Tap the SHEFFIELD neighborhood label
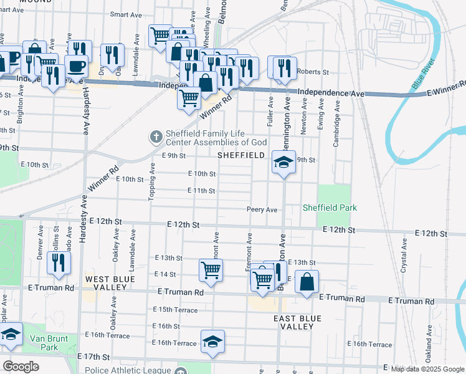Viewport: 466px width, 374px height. [242, 155]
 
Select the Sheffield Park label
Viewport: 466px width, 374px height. [330, 208]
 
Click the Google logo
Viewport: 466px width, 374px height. [21, 367]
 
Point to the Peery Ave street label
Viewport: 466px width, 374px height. [262, 210]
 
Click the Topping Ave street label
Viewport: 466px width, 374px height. [151, 181]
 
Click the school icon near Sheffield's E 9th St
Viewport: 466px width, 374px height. [283, 163]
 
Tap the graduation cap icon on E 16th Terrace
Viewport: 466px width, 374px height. [212, 342]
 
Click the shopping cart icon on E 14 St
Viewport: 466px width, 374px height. [211, 271]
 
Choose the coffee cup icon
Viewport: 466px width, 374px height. [77, 65]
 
